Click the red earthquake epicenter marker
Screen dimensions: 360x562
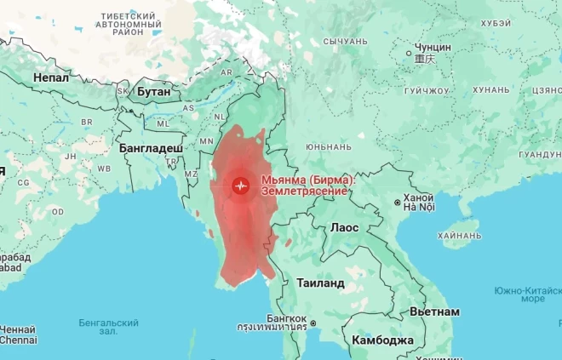coord(241,185)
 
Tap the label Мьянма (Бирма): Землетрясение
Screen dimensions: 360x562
coord(307,186)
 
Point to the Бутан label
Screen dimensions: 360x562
coord(154,90)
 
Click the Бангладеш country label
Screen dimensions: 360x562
coord(151,148)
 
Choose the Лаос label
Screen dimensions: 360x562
coord(344,228)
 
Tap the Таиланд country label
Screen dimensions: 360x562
coord(319,283)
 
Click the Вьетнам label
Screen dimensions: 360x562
coord(434,311)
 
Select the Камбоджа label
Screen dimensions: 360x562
coord(382,340)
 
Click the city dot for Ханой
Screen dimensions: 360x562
coord(397,203)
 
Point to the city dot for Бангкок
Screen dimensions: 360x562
coord(313,323)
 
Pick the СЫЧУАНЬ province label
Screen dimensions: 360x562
coord(345,41)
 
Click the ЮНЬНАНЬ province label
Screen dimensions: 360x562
coord(327,146)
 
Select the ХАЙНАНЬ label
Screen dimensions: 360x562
coord(459,236)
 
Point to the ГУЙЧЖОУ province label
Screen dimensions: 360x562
coord(427,90)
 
